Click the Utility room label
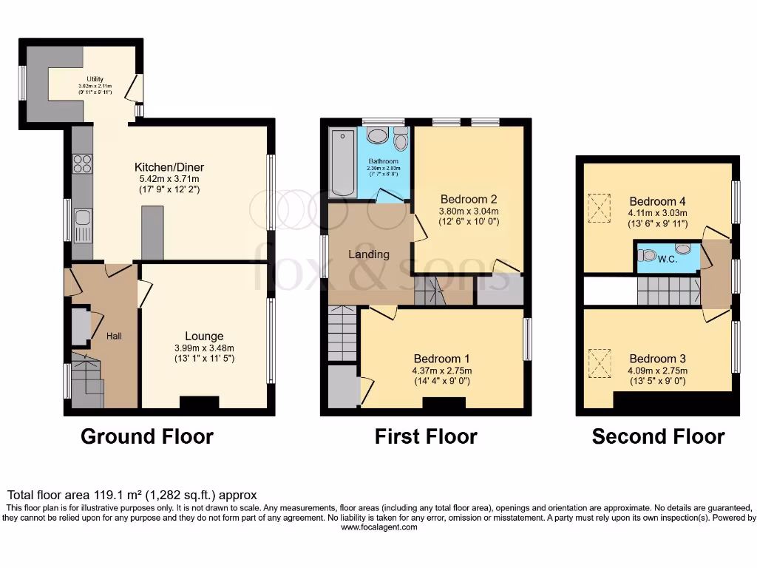(x=95, y=79)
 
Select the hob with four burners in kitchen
(x=82, y=163)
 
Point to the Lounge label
(x=204, y=337)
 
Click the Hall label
(x=115, y=337)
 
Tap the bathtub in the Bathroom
(x=343, y=163)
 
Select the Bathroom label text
(x=383, y=161)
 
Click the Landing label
(x=369, y=254)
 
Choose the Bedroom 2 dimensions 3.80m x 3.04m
(x=468, y=211)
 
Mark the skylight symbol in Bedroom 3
(x=600, y=362)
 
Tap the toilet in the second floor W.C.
(x=648, y=256)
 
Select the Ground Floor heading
(x=146, y=436)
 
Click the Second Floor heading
(x=658, y=436)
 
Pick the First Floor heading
(x=426, y=436)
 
